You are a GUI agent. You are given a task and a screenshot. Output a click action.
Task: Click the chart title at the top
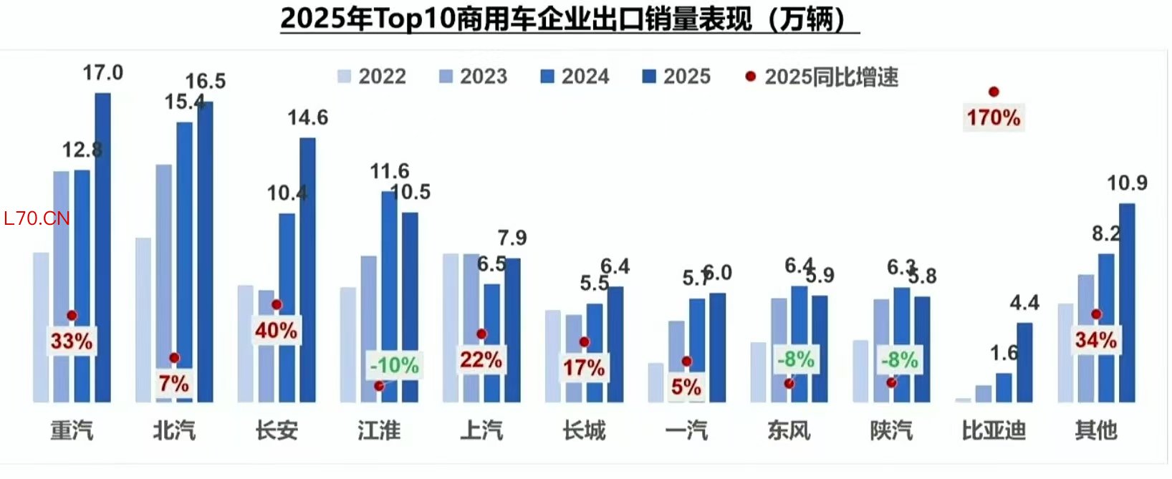coord(570,19)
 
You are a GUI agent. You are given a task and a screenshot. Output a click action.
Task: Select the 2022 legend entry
coord(372,77)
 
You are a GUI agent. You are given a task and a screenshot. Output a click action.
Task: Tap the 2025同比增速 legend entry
coord(822,77)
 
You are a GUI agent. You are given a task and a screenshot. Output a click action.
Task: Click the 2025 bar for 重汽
coord(102,247)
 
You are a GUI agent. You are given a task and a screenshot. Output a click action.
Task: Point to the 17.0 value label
coord(102,72)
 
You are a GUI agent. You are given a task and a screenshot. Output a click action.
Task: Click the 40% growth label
coord(276,331)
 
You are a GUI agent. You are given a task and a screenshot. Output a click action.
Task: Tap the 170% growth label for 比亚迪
coord(994,117)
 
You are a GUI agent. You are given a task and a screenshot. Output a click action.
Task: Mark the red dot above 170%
coord(994,92)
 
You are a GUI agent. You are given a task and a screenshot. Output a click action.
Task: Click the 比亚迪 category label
coord(994,430)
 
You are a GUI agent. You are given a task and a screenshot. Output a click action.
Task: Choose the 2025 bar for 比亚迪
coord(1024,362)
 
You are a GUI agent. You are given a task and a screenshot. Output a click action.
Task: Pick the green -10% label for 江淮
coord(394,365)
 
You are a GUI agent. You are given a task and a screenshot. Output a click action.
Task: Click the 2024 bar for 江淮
coord(389,296)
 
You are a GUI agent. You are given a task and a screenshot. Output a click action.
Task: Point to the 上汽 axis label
coord(481,430)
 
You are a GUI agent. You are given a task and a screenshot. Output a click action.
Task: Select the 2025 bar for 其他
coord(1127,302)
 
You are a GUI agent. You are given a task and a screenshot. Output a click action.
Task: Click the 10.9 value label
coord(1127,183)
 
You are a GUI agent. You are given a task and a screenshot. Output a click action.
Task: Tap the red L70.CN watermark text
coord(37,218)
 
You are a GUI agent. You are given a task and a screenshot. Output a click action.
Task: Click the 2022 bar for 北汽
coord(143,319)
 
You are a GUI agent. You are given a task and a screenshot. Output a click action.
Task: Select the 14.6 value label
coord(308,117)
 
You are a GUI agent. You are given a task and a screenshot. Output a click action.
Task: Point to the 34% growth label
coord(1095,340)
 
